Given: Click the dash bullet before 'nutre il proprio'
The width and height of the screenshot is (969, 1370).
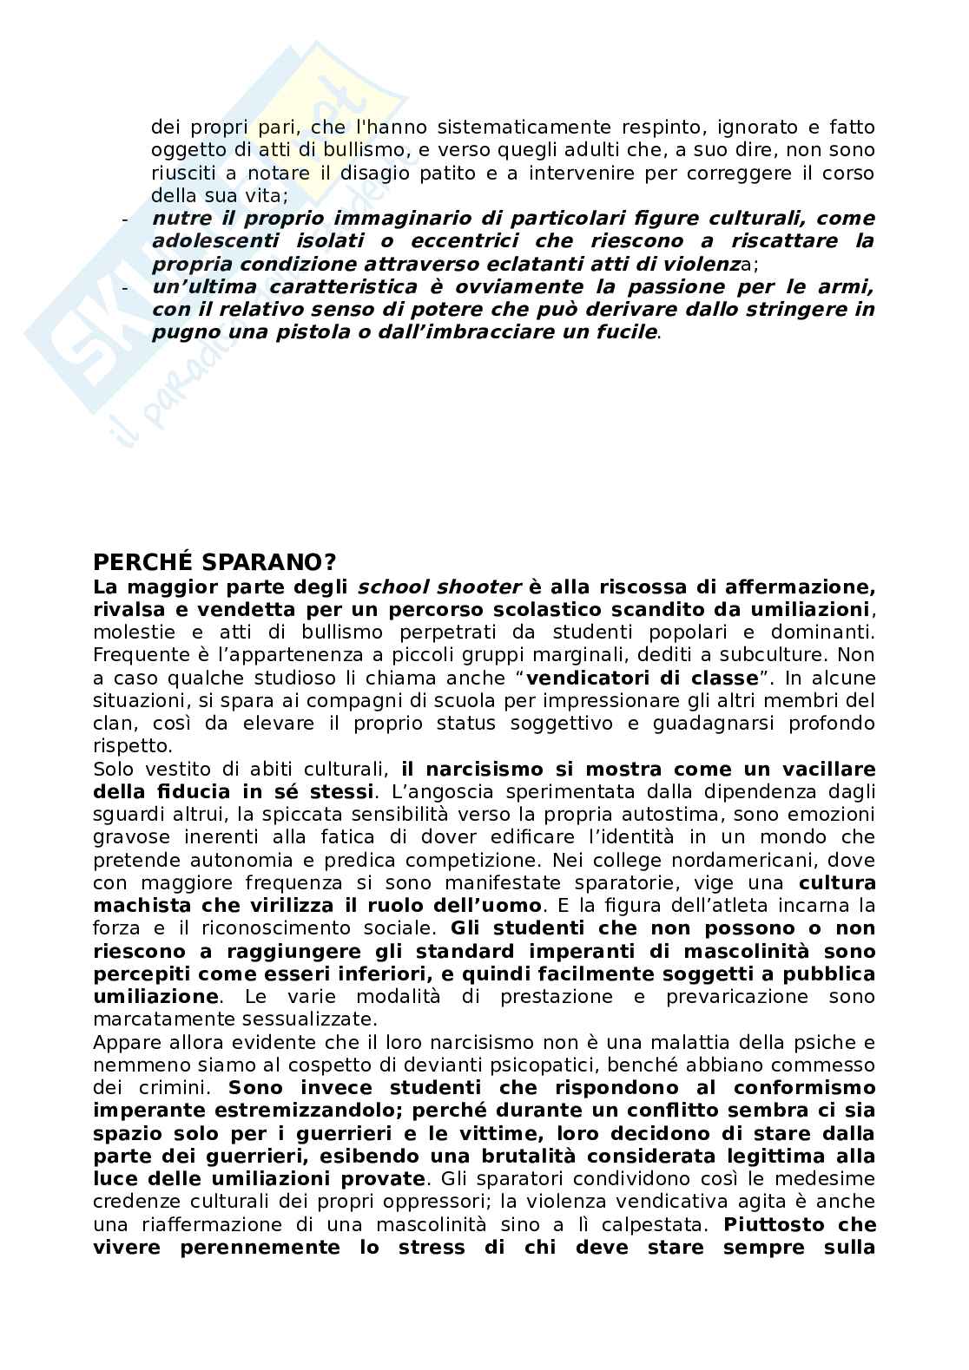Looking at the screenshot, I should pos(125,219).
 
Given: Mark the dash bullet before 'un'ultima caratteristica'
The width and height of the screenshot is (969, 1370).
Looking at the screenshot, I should pos(125,287).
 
